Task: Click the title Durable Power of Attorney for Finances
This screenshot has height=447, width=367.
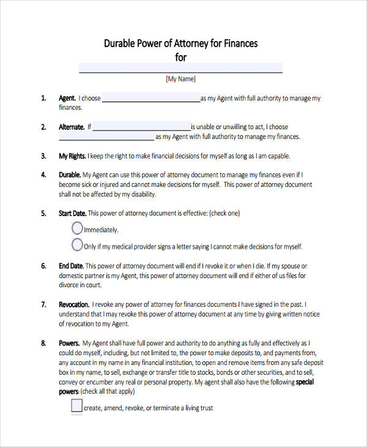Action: pyautogui.click(x=180, y=43)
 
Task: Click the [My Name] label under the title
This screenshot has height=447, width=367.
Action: pyautogui.click(x=180, y=79)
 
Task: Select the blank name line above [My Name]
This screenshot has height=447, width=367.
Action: pyautogui.click(x=180, y=68)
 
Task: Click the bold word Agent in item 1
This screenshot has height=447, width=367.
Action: pyautogui.click(x=67, y=98)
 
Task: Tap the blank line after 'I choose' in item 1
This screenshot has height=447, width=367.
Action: pyautogui.click(x=150, y=98)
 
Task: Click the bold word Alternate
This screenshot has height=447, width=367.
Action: pyautogui.click(x=72, y=127)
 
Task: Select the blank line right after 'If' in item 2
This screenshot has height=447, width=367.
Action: pyautogui.click(x=141, y=127)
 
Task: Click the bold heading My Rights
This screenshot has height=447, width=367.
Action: pyautogui.click(x=72, y=156)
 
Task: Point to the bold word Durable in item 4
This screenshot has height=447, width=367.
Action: pyautogui.click(x=69, y=175)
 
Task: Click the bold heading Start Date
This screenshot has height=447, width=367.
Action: pyautogui.click(x=73, y=214)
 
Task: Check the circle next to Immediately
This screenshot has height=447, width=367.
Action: pyautogui.click(x=77, y=228)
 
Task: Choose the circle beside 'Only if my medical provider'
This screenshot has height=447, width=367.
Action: pyautogui.click(x=77, y=246)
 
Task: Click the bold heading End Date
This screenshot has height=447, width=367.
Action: pyautogui.click(x=71, y=266)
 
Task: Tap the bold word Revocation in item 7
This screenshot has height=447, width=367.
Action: pyautogui.click(x=74, y=304)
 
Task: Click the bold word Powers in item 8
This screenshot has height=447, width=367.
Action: pyautogui.click(x=69, y=343)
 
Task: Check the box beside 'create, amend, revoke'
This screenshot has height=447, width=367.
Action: pyautogui.click(x=77, y=405)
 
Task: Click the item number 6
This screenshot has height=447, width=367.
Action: pyautogui.click(x=43, y=266)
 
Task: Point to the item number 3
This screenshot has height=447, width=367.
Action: pyautogui.click(x=43, y=156)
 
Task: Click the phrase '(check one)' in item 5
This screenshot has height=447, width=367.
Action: pyautogui.click(x=224, y=214)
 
